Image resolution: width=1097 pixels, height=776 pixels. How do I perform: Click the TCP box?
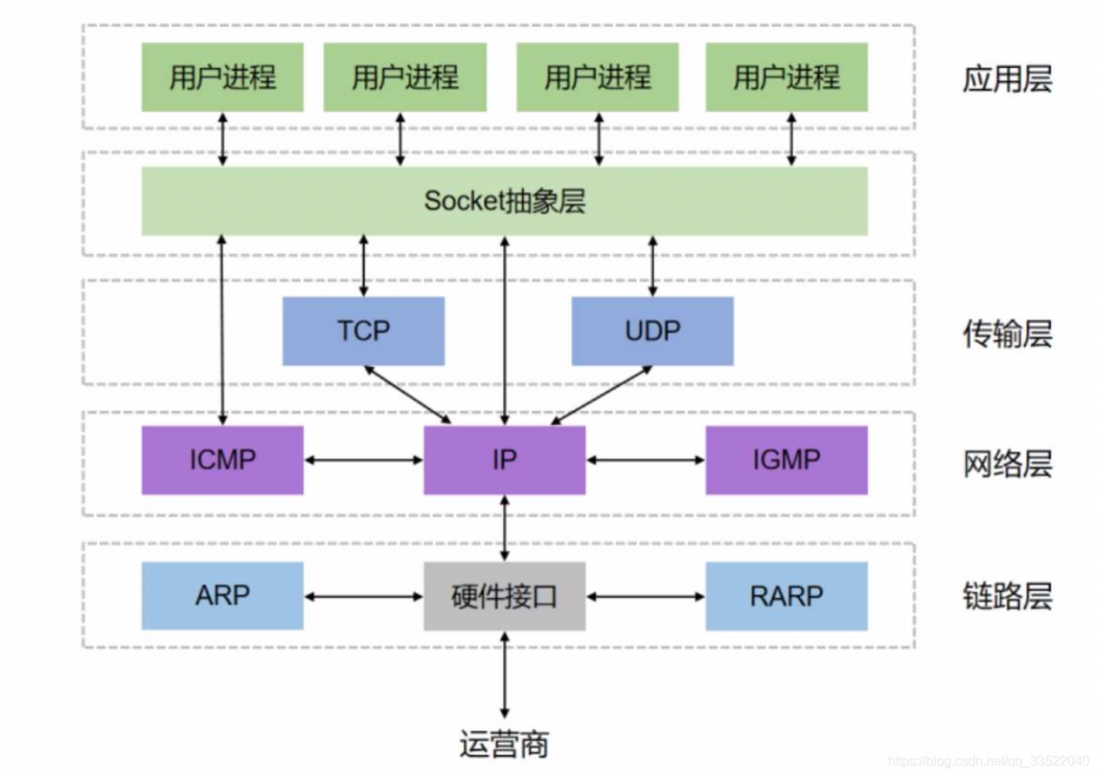[x=363, y=331]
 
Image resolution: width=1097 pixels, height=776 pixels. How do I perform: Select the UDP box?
[x=652, y=331]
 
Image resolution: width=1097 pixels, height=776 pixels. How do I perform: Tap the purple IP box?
[x=504, y=460]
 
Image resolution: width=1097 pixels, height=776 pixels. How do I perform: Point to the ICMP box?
[x=222, y=460]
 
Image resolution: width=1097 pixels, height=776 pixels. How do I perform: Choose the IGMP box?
[x=786, y=460]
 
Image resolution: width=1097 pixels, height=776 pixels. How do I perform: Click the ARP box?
[x=222, y=596]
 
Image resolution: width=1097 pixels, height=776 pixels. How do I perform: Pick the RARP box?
[x=786, y=596]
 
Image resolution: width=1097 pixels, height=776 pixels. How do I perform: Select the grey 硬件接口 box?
[x=504, y=596]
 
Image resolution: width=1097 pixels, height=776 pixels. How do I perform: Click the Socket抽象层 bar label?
[x=504, y=201]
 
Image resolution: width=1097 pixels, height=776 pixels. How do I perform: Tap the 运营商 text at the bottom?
[x=504, y=743]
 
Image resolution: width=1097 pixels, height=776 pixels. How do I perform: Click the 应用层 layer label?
[x=1006, y=79]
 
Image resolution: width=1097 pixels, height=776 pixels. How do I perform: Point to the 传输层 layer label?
[x=1006, y=334]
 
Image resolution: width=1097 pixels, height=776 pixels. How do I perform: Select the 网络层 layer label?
[x=1006, y=464]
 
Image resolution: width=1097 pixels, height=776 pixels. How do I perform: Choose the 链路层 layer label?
[x=1006, y=596]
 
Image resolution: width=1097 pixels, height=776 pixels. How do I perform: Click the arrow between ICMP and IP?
[x=363, y=461]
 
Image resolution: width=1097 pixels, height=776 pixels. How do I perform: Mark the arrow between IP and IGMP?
[x=645, y=461]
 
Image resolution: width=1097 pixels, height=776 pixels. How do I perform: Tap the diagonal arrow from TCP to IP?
[x=408, y=395]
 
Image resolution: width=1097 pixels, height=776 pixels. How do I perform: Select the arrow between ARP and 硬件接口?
[x=363, y=596]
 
